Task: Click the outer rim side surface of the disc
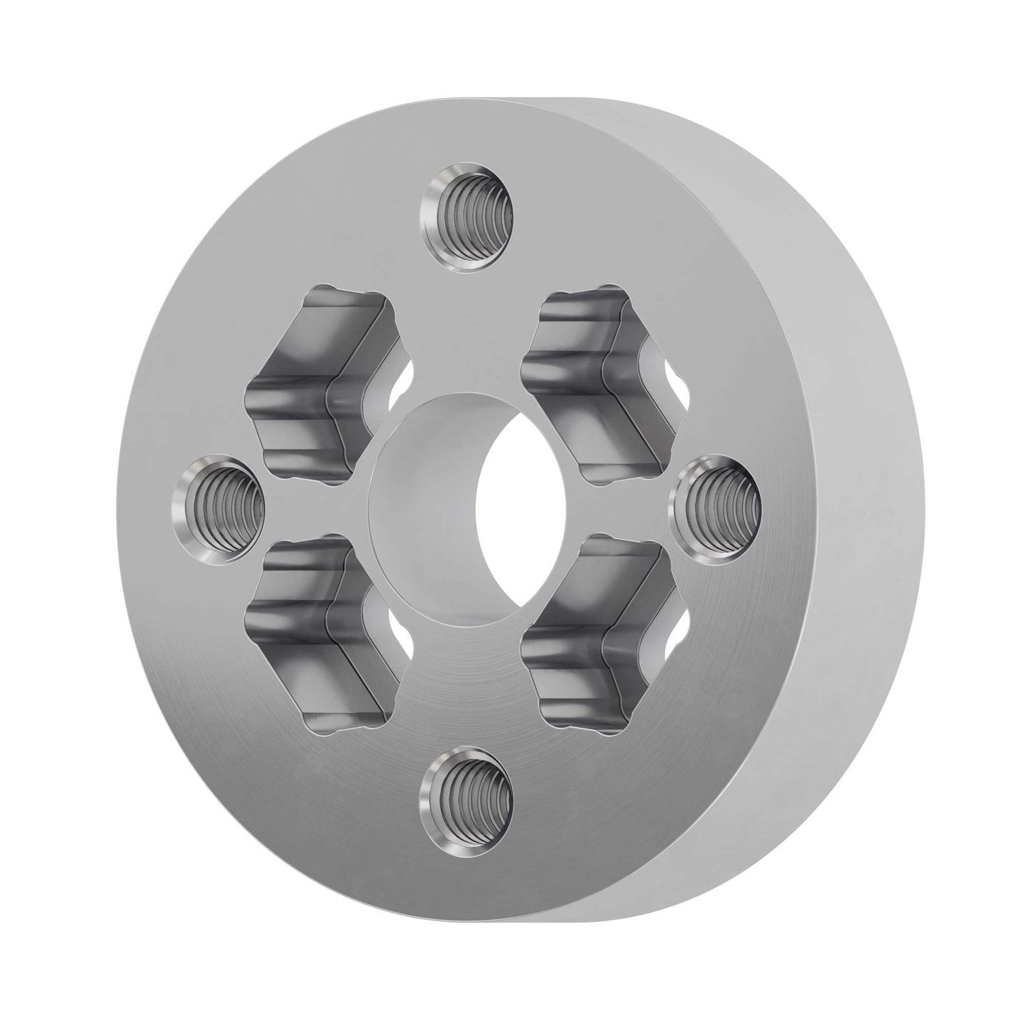[x=857, y=500]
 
